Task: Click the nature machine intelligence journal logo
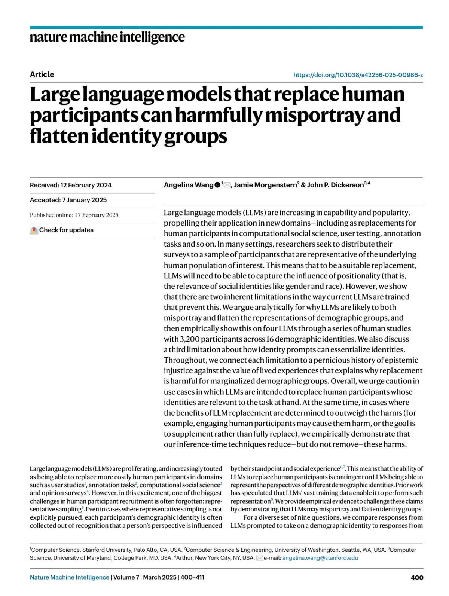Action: [107, 37]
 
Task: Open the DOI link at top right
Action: [358, 75]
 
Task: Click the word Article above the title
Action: [42, 74]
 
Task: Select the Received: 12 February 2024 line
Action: [71, 185]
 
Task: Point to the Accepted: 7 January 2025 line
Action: [68, 200]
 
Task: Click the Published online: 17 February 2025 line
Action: [74, 215]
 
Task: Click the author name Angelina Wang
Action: [188, 185]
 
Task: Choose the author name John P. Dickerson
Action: [335, 185]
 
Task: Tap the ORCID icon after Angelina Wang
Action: [217, 185]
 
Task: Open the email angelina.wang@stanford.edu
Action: [320, 558]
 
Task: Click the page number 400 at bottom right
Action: [417, 577]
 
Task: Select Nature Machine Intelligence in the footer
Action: [70, 577]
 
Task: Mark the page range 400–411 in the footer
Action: [192, 577]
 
